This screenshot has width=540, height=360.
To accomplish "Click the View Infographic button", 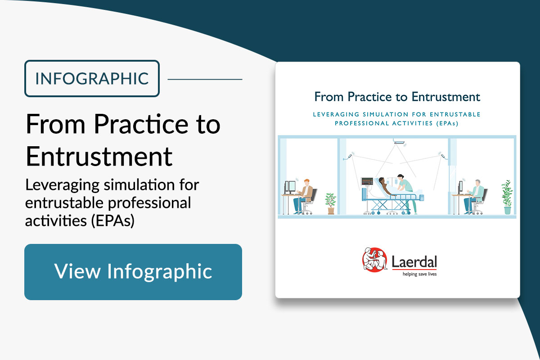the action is pyautogui.click(x=133, y=272).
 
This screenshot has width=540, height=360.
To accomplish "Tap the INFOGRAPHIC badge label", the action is pyautogui.click(x=92, y=79).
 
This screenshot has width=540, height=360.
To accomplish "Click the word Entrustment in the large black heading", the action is pyautogui.click(x=99, y=157).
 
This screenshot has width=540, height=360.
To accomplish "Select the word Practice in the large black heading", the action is pyautogui.click(x=141, y=124).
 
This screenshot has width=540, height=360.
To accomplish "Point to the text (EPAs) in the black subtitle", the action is pyautogui.click(x=112, y=220).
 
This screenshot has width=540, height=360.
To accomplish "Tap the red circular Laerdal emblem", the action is pyautogui.click(x=374, y=260).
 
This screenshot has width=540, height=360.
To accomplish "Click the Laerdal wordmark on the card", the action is pyautogui.click(x=414, y=262).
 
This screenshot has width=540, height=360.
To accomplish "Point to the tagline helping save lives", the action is pyautogui.click(x=419, y=274).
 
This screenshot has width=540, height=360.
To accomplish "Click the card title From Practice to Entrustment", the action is pyautogui.click(x=397, y=97).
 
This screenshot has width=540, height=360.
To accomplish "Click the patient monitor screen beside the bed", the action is pyautogui.click(x=367, y=181).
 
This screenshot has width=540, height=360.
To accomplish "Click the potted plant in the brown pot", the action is pyautogui.click(x=330, y=203).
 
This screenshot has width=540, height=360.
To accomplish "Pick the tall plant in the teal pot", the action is pyautogui.click(x=507, y=197).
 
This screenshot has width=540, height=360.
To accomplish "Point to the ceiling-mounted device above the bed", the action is pyautogui.click(x=399, y=142).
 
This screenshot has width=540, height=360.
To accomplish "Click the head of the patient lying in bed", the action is pyautogui.click(x=381, y=180).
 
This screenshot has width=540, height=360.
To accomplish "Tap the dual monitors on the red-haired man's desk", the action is pyautogui.click(x=290, y=187).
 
